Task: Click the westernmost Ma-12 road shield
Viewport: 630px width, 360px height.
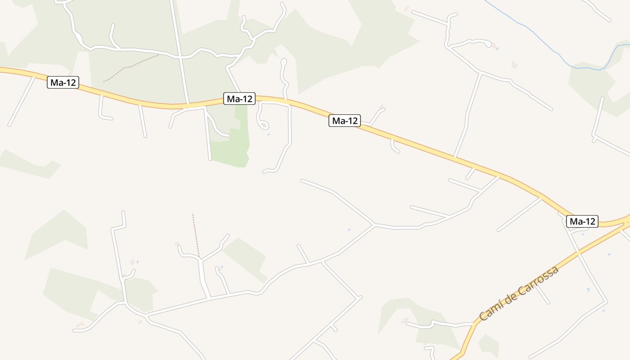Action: pyautogui.click(x=63, y=82)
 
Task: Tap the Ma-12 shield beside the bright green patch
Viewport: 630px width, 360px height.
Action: pyautogui.click(x=239, y=99)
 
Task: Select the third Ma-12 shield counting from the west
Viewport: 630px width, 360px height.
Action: pyautogui.click(x=345, y=121)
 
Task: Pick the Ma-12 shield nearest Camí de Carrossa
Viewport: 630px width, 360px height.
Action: pyautogui.click(x=582, y=221)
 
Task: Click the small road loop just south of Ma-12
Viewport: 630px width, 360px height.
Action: pyautogui.click(x=263, y=124)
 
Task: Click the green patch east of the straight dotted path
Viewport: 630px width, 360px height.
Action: pyautogui.click(x=245, y=256)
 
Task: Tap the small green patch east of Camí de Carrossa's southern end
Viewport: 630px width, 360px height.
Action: pyautogui.click(x=489, y=344)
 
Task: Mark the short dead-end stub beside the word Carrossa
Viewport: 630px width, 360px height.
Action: pyautogui.click(x=542, y=295)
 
